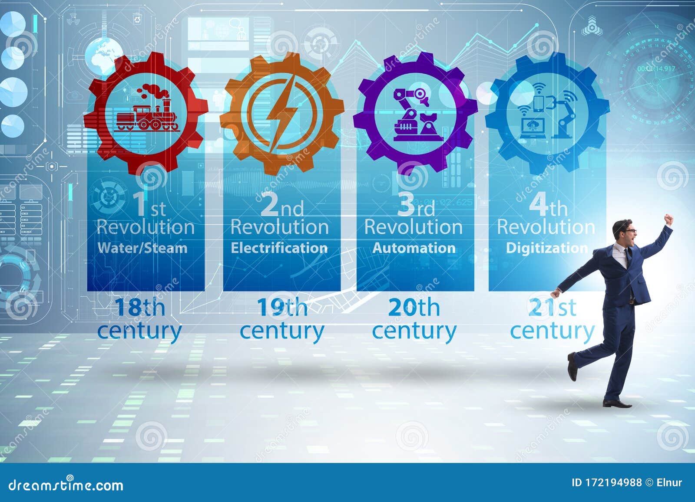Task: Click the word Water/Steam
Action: tap(142, 248)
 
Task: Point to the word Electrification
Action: tap(279, 248)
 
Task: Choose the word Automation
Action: tap(414, 248)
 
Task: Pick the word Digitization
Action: tap(547, 248)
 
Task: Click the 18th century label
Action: tap(139, 319)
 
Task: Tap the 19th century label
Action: tap(282, 319)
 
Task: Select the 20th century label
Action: tap(414, 319)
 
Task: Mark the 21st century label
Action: tap(552, 319)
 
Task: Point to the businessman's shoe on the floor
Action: tap(617, 404)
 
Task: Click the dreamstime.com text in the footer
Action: tap(66, 485)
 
